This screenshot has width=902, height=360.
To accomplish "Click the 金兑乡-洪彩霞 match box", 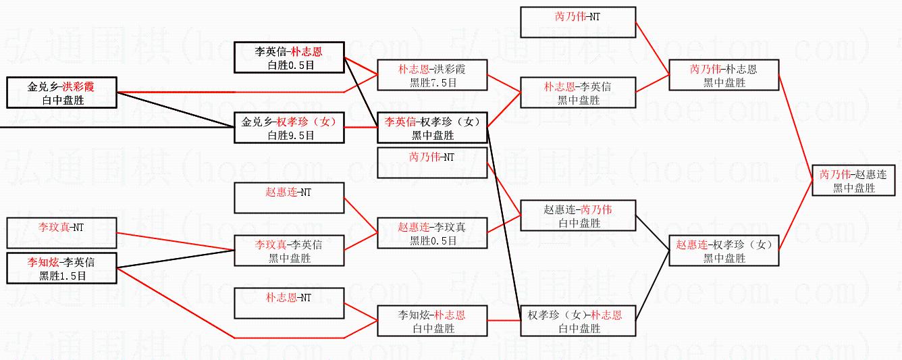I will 61,93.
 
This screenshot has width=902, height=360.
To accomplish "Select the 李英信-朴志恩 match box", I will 289,57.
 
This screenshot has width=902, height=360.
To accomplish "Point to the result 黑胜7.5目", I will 433,82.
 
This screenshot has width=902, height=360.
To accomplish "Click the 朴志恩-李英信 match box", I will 578,93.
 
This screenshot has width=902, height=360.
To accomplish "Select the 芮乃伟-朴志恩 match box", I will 724,75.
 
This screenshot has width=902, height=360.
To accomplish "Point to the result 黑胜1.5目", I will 61,276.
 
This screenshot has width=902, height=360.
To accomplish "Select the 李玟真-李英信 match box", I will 289,251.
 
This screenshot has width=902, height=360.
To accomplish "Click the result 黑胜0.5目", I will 433,240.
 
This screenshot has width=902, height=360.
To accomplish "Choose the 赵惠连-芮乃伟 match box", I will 578,215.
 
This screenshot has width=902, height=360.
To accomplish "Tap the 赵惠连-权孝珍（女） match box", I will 724,251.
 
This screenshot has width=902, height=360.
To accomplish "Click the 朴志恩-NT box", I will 289,303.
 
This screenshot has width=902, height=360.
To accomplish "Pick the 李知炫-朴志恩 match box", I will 432,321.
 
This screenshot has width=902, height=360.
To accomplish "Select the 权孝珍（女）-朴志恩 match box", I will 578,321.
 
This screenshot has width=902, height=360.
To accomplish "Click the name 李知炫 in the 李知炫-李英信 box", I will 43,261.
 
